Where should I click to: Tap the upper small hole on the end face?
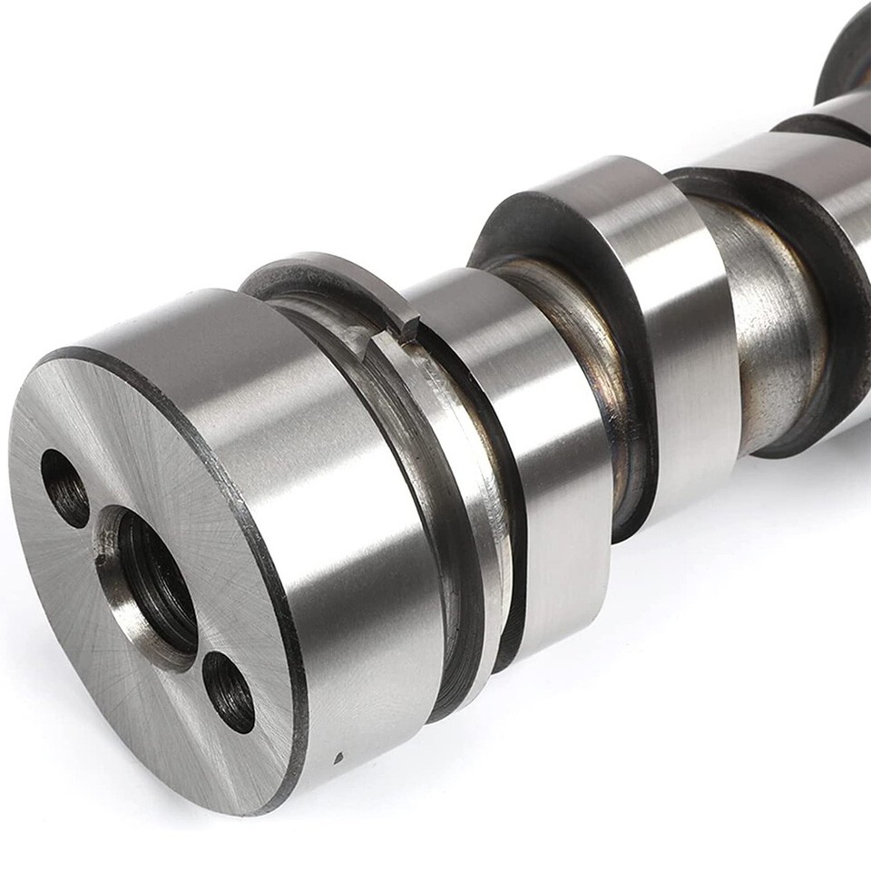point(65,488)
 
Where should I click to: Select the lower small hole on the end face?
point(228,691)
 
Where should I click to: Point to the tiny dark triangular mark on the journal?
point(338,755)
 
